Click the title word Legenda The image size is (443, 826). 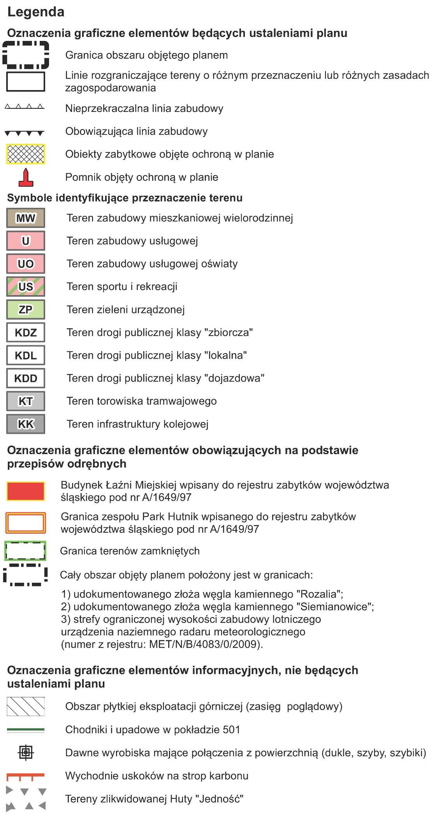(x=36, y=12)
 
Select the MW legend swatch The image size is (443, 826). (x=26, y=218)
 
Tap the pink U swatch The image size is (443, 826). (x=26, y=241)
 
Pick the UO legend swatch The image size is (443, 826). (x=26, y=264)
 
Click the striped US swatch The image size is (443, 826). (x=26, y=287)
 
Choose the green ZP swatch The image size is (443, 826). (x=26, y=310)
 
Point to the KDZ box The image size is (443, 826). (x=26, y=333)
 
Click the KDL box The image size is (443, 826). (x=26, y=356)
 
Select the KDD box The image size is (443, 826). (x=26, y=378)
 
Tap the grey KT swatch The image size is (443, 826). (x=26, y=401)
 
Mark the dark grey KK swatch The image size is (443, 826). (x=26, y=424)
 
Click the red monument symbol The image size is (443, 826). (x=26, y=177)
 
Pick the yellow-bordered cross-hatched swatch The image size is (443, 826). (x=26, y=154)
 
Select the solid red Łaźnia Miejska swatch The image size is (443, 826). (x=26, y=491)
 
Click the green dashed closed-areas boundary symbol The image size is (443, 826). (x=25, y=551)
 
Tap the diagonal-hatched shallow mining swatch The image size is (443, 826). (x=26, y=707)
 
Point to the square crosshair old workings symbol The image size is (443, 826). (x=26, y=753)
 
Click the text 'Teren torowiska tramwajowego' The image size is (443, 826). (x=141, y=401)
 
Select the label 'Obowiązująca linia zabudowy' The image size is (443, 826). (x=136, y=131)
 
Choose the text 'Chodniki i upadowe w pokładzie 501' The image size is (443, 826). (x=153, y=730)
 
